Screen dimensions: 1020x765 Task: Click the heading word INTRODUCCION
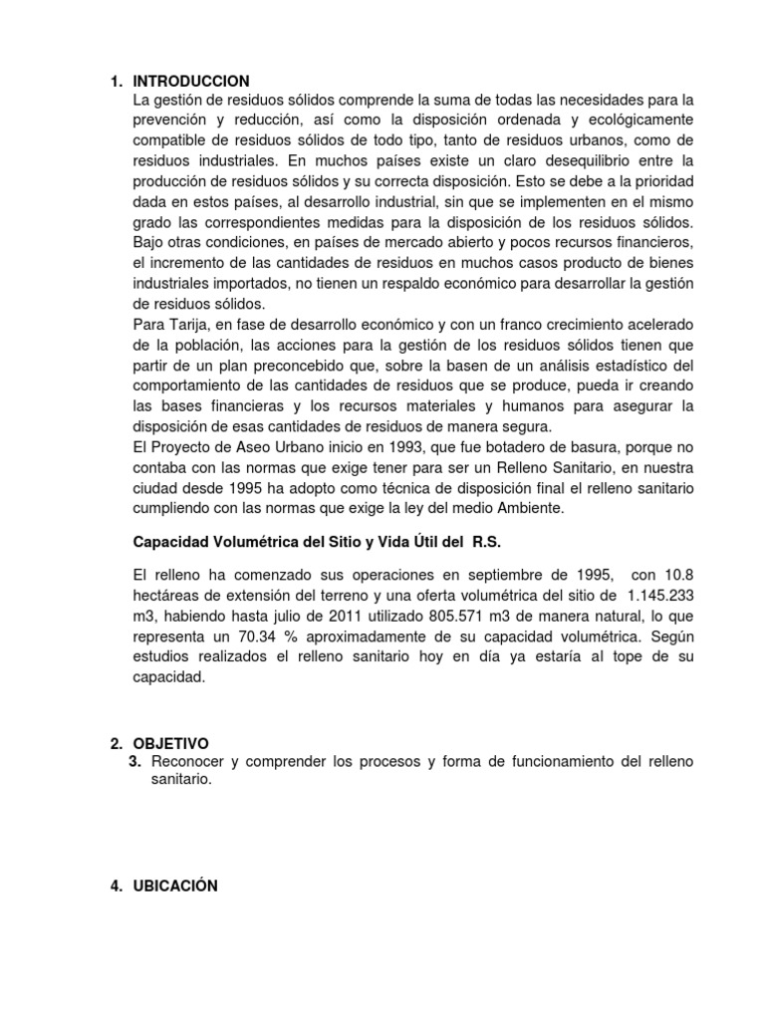point(190,81)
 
